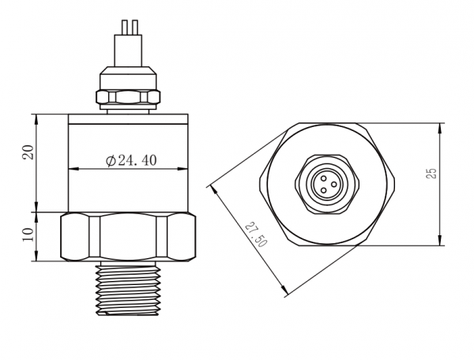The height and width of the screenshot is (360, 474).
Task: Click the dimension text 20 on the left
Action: pos(28,152)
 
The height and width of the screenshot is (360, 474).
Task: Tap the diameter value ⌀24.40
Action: pos(130,160)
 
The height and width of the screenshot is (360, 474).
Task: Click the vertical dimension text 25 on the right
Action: pos(431,173)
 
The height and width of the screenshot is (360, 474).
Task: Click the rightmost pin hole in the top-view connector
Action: pos(333,183)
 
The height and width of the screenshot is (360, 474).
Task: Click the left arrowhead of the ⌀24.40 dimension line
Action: pos(71,169)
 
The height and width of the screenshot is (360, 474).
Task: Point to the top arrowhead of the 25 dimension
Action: pos(439,126)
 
